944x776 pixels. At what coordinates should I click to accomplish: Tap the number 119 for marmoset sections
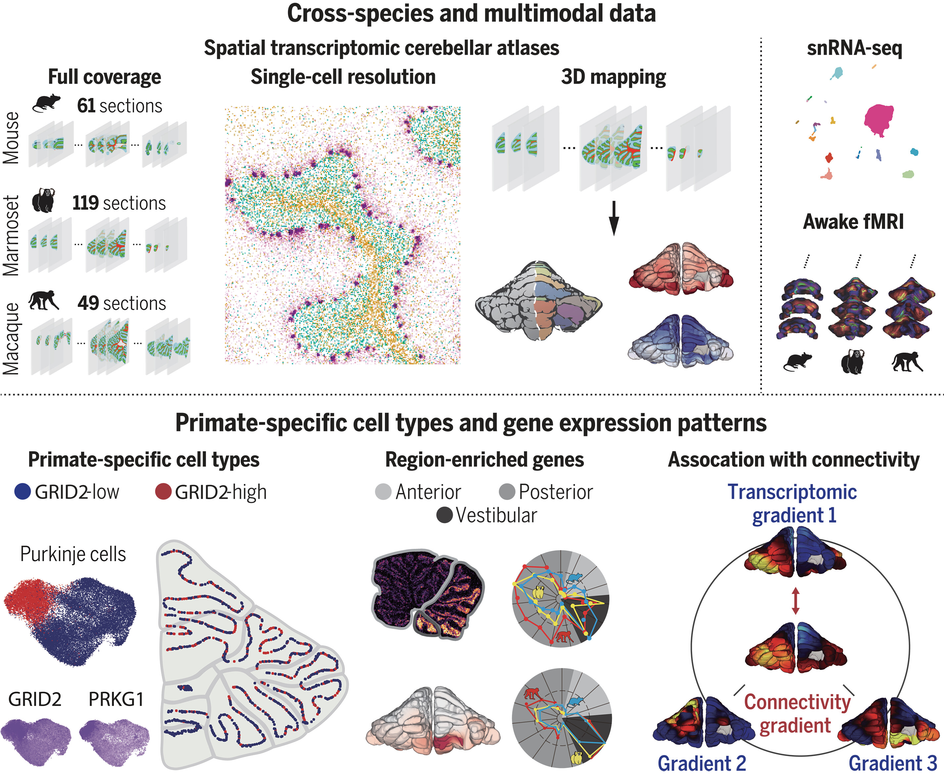tap(85, 203)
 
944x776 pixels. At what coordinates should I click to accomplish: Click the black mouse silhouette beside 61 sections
tap(46, 103)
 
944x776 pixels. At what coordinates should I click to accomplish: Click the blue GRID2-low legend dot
tap(23, 491)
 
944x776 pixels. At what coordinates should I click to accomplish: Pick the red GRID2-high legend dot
tap(163, 491)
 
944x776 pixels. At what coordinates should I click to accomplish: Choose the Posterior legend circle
tap(507, 492)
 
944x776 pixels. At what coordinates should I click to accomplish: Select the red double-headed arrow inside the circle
tap(795, 600)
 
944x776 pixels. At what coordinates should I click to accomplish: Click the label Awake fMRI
tap(853, 222)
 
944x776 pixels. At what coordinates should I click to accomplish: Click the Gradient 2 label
tap(702, 763)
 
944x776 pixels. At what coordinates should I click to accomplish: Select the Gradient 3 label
tap(893, 763)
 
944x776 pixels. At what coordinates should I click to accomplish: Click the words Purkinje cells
tap(73, 554)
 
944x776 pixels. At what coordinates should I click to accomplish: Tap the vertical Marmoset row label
tap(11, 236)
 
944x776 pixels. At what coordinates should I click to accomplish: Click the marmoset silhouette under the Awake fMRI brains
tap(852, 362)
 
